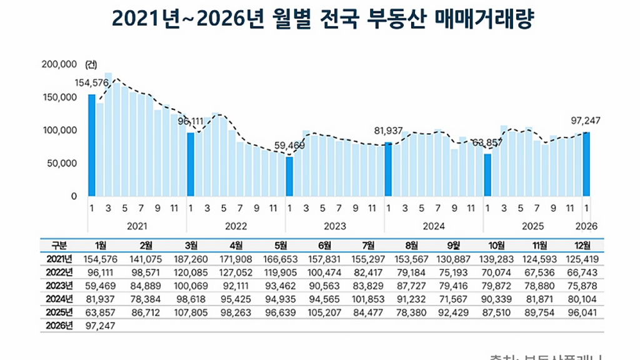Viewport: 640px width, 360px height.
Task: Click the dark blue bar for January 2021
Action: pyautogui.click(x=92, y=145)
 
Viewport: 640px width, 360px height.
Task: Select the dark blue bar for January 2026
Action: pyautogui.click(x=586, y=164)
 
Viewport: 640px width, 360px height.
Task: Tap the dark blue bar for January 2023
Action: pyautogui.click(x=289, y=176)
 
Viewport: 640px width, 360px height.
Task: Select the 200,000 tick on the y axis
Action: pyautogui.click(x=59, y=64)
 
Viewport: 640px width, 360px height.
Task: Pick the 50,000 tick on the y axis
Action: pyautogui.click(x=62, y=163)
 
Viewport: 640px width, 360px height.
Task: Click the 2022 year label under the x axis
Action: pyautogui.click(x=236, y=226)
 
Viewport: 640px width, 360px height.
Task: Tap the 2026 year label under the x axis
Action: pyautogui.click(x=586, y=226)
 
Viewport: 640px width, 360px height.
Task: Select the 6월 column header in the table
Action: pyautogui.click(x=324, y=245)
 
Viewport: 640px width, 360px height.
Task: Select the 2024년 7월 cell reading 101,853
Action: pyautogui.click(x=368, y=299)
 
